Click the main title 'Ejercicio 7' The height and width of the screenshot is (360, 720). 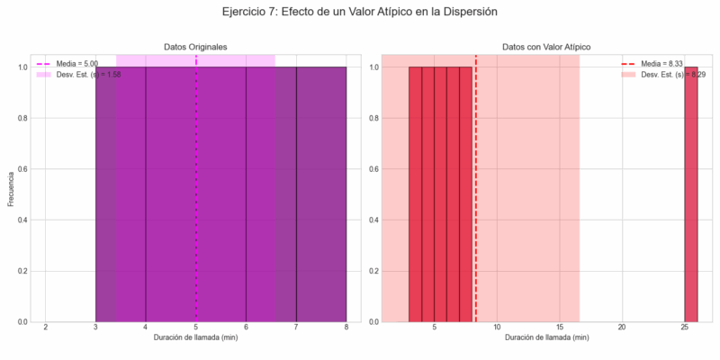[359, 13]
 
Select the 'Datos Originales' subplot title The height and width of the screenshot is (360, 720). [195, 46]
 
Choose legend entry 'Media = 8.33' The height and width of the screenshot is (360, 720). [666, 64]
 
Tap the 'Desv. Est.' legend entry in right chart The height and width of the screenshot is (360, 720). [670, 75]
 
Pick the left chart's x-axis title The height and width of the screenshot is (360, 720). [195, 337]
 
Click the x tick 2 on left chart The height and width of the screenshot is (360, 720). [46, 328]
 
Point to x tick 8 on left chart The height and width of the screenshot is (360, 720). [346, 328]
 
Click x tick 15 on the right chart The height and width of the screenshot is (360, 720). [559, 328]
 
